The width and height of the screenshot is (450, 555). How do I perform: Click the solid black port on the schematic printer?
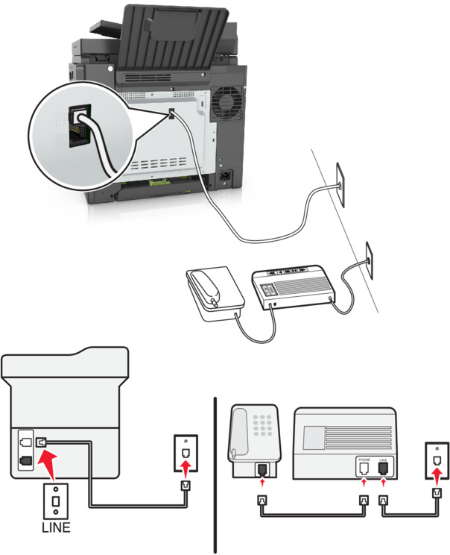pos(27,461)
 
